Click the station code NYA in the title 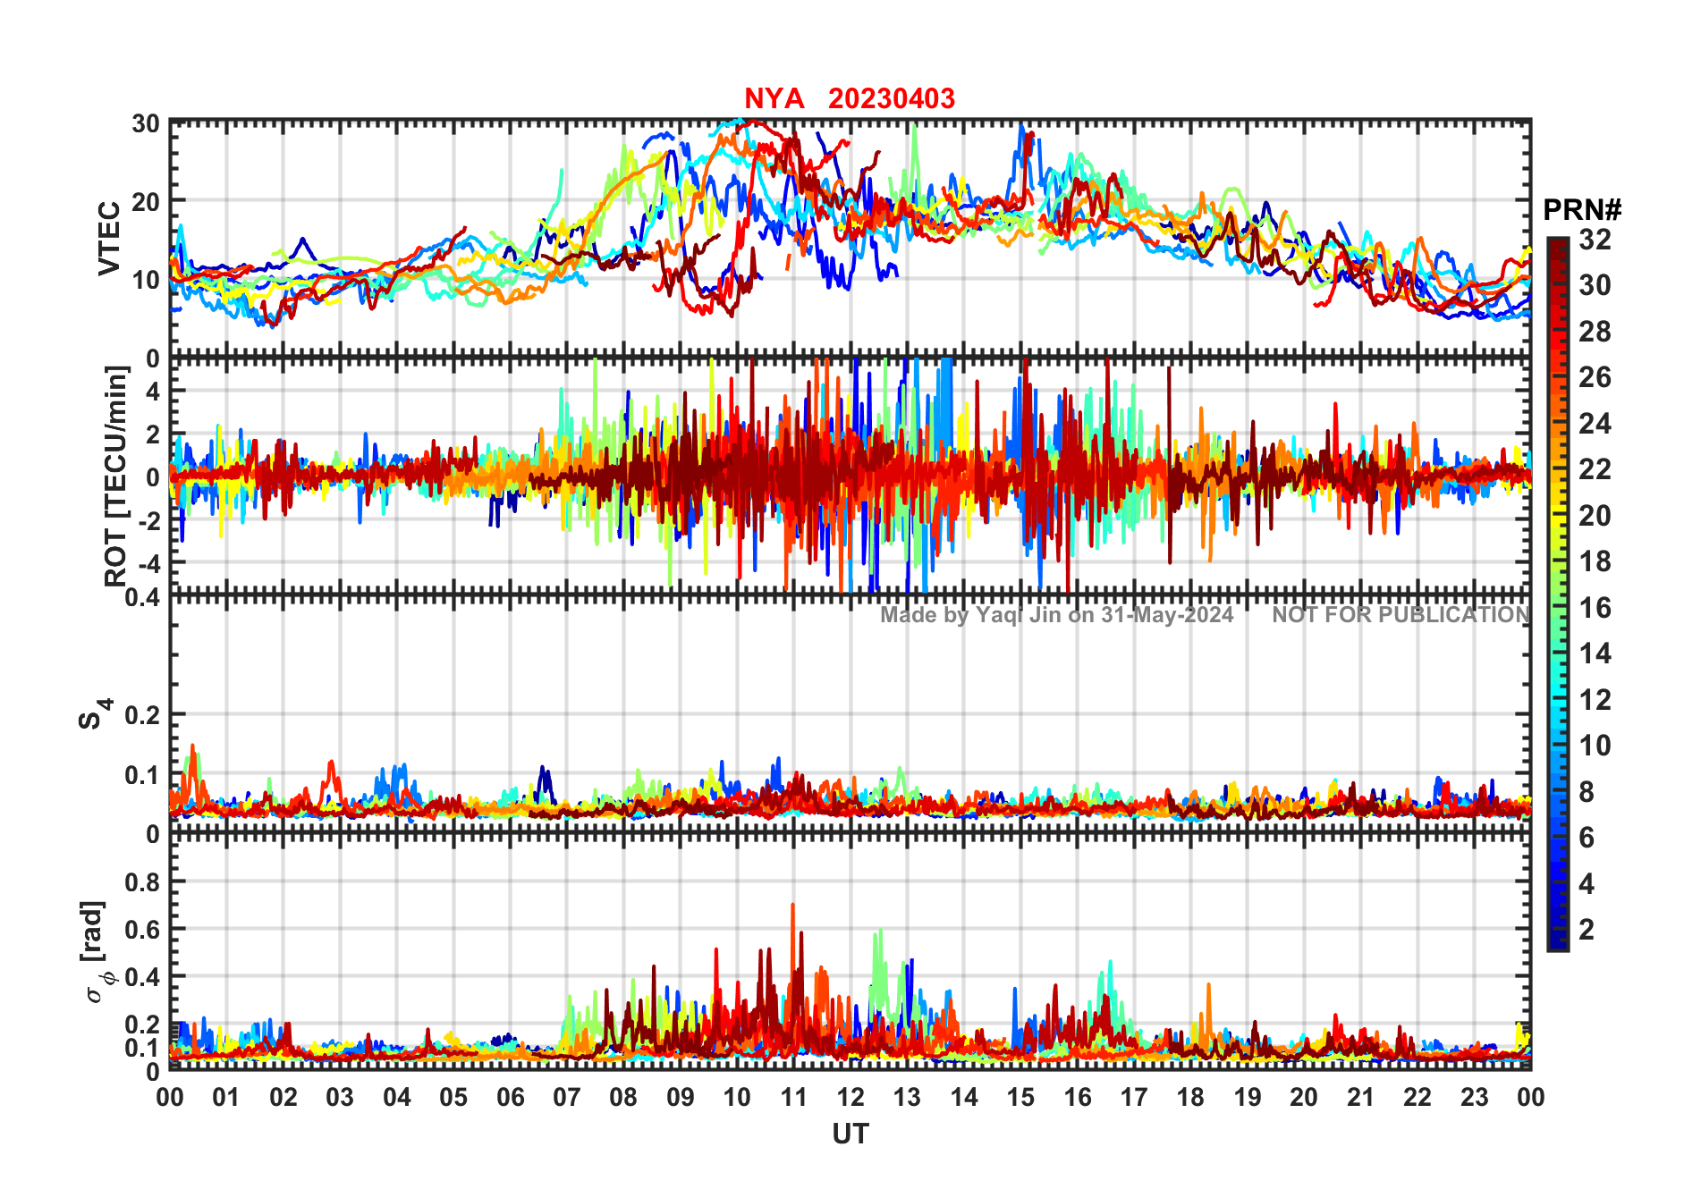coord(774,98)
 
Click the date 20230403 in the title coord(891,98)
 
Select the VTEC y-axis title coord(109,238)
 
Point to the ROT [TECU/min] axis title coord(116,476)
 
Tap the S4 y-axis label coord(94,715)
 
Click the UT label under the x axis coord(850,1134)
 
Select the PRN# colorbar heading coord(1582,210)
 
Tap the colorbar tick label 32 coord(1595,240)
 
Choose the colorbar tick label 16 coord(1595,608)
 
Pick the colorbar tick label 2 coord(1587,930)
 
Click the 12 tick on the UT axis coord(850,1097)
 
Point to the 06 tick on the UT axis coord(510,1097)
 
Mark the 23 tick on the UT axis coord(1474,1097)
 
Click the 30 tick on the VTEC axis coord(146,123)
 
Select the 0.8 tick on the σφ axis coord(143,882)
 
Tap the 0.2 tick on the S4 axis coord(143,715)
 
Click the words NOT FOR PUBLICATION coord(1401,615)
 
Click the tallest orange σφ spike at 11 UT coord(792,906)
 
